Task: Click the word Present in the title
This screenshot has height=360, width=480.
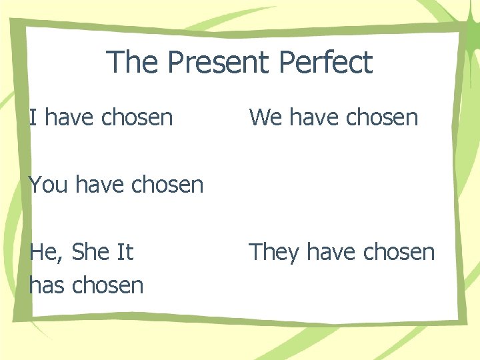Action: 219,62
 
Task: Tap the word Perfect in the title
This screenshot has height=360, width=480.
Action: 326,62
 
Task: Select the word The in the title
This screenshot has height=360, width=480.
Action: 133,62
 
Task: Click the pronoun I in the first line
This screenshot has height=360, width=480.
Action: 33,118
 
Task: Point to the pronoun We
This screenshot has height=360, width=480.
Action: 265,118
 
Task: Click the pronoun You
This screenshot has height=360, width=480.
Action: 49,185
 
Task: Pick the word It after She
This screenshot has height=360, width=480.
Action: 125,252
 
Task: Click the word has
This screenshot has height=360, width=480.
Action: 47,285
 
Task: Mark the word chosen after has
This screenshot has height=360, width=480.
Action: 108,285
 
